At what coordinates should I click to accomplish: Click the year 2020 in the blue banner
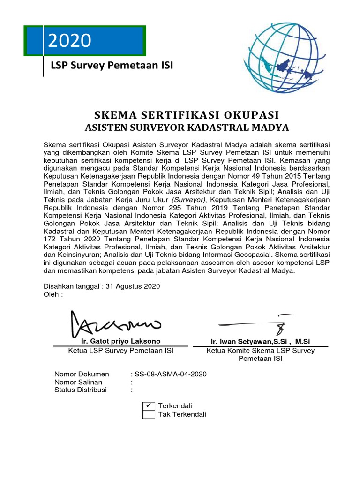69,41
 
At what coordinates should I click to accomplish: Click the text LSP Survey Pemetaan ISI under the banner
112,66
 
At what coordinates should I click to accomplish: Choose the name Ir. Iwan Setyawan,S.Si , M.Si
261,341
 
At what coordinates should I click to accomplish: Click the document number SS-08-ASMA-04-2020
170,374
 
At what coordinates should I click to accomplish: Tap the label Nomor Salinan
78,382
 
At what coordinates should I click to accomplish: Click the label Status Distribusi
81,390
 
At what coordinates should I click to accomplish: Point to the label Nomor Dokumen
82,374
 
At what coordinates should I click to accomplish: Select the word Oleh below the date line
51,294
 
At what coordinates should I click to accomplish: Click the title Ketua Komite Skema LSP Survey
261,351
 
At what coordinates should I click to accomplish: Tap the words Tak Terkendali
182,414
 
